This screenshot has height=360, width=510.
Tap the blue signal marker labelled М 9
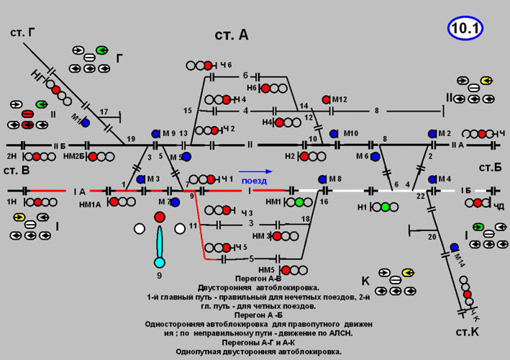[x=156, y=134]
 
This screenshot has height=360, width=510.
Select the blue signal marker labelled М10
[x=334, y=134]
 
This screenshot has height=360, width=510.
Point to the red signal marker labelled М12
[x=326, y=99]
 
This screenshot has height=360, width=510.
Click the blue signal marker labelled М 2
[x=432, y=134]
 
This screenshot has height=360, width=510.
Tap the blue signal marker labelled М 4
[x=432, y=179]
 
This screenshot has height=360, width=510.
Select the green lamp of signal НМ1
[x=299, y=203]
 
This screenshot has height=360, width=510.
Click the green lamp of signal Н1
[x=386, y=207]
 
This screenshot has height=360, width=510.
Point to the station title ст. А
[x=232, y=35]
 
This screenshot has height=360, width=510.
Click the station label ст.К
[x=468, y=333]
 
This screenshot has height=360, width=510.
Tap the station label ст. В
[x=16, y=171]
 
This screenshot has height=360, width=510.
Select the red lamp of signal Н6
[x=266, y=88]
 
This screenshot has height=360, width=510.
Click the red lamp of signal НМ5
[x=286, y=271]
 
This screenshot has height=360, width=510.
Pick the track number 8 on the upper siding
[x=376, y=110]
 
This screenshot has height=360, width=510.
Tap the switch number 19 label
[x=131, y=138]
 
